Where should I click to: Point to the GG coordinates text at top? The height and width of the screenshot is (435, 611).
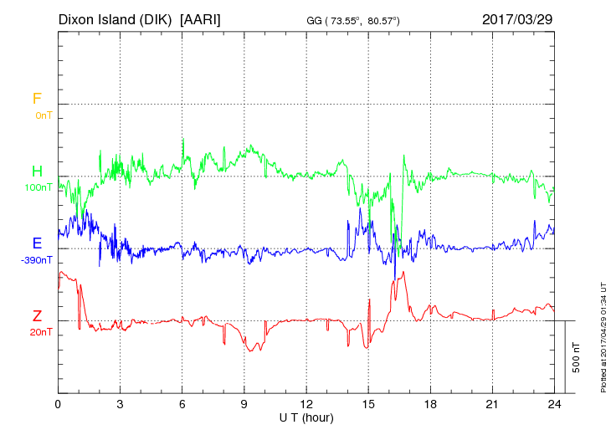tap(365, 19)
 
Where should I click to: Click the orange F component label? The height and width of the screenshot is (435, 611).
tap(37, 99)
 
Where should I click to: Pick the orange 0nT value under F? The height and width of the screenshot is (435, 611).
tap(43, 115)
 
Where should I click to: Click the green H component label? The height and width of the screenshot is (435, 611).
tap(37, 171)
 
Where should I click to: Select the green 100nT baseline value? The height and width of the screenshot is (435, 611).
tap(40, 187)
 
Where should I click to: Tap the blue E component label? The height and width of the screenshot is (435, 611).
tap(37, 243)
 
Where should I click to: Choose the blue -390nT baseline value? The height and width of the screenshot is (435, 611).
tap(38, 259)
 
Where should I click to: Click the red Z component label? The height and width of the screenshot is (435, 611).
tap(37, 316)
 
